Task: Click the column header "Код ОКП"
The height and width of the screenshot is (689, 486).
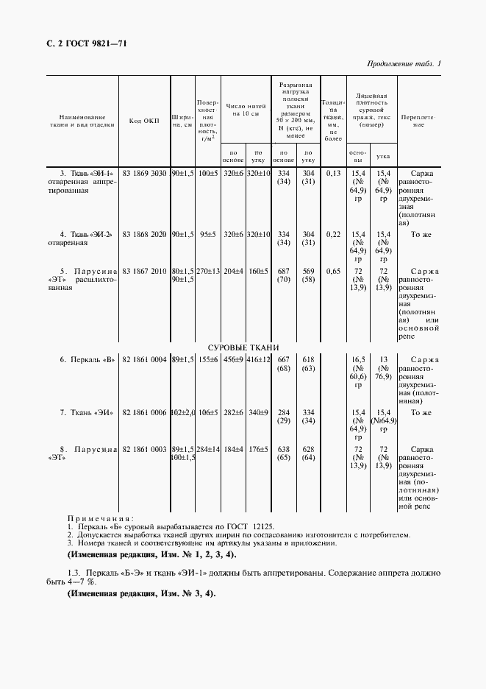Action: (143, 121)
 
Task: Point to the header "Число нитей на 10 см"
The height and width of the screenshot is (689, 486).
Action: (245, 110)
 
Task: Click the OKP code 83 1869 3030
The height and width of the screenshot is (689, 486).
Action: (144, 174)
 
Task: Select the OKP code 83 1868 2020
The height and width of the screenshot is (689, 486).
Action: (144, 234)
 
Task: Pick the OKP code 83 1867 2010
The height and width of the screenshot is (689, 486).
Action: (144, 271)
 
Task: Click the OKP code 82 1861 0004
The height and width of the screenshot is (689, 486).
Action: (144, 358)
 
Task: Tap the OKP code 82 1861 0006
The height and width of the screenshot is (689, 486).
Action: (144, 413)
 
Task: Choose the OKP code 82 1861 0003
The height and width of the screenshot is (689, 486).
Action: (144, 449)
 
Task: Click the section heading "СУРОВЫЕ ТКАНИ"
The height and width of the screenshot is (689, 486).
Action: (243, 347)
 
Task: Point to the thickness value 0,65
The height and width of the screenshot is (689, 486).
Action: (333, 271)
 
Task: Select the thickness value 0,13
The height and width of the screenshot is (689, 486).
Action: (333, 174)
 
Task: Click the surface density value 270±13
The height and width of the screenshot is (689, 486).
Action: (208, 271)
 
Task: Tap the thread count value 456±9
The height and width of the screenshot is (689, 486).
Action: (233, 358)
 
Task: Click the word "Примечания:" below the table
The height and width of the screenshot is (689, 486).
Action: (99, 518)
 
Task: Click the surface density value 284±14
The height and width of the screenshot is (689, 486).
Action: (208, 449)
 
